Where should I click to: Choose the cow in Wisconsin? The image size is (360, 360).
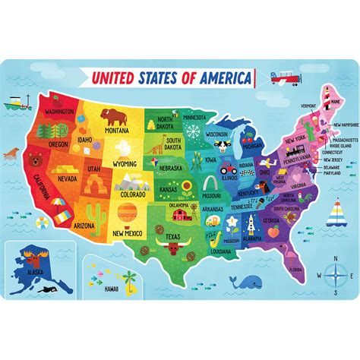(221, 141)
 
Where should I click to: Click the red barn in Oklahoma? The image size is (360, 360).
(179, 213)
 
